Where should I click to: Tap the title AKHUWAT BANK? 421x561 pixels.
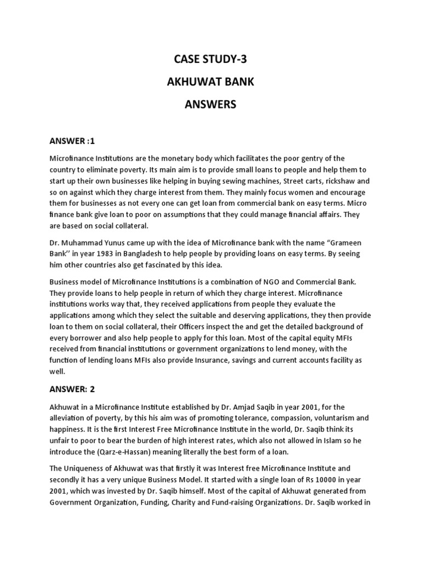(x=210, y=82)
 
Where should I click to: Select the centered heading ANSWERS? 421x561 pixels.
(x=210, y=104)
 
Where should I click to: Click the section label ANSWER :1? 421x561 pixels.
(x=72, y=141)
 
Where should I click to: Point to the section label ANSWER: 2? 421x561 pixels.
(x=73, y=390)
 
